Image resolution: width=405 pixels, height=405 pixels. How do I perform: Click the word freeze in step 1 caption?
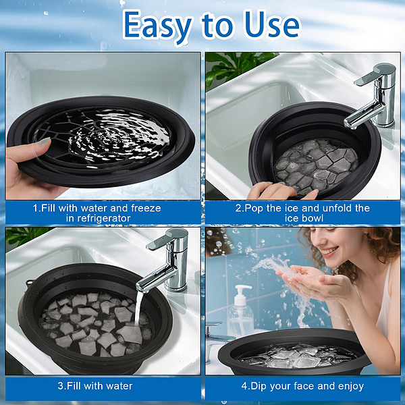click(145, 208)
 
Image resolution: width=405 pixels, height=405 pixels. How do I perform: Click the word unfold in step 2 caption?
click(330, 208)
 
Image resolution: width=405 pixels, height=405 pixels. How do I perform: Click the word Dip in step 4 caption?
click(263, 386)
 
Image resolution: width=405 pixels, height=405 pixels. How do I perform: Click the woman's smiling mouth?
click(330, 252)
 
